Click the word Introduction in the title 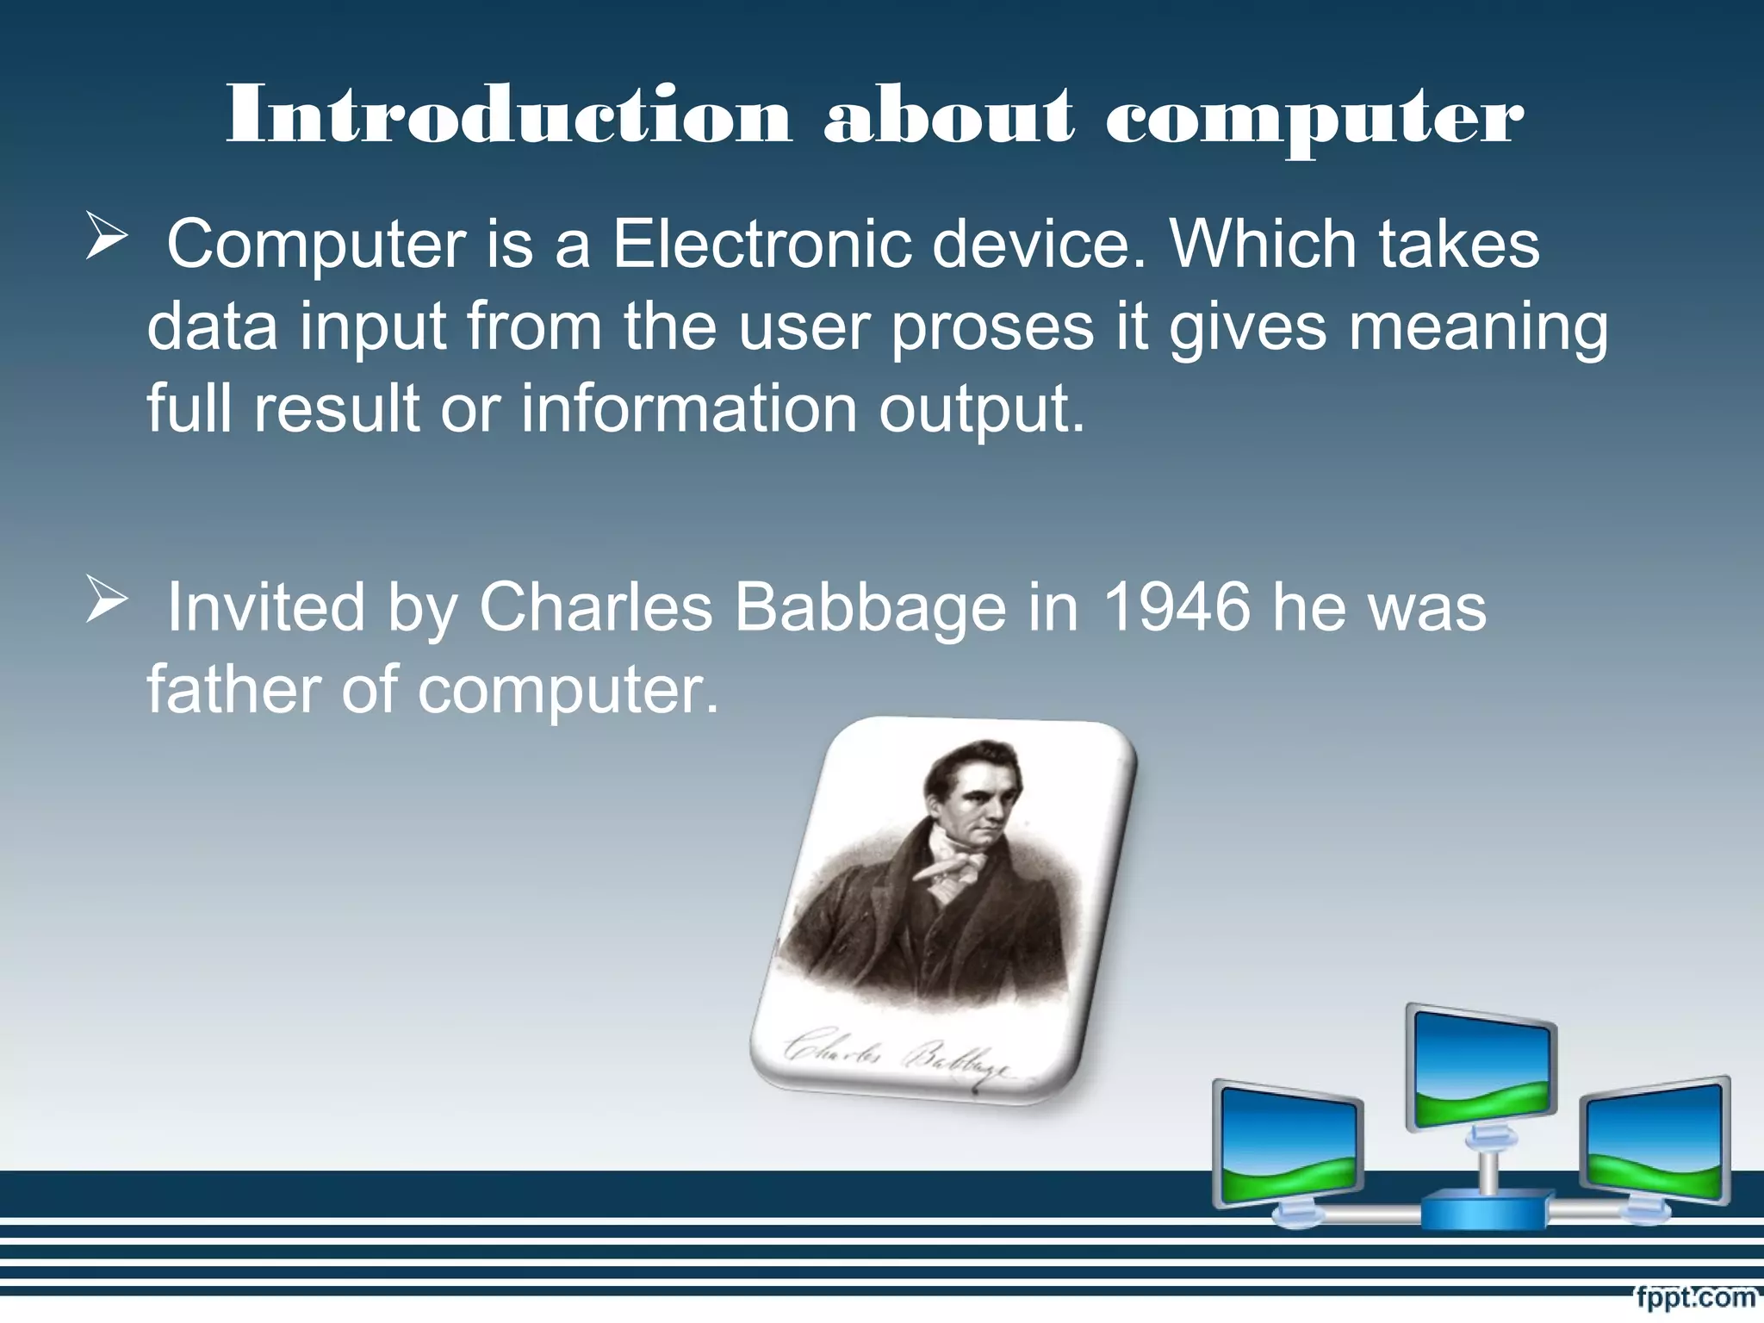508,116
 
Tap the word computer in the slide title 1314,121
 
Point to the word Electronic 761,245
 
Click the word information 689,408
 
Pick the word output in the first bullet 981,410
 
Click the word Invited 265,608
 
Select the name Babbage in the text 870,608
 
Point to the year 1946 1177,608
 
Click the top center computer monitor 1481,1068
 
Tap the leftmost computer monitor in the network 1289,1146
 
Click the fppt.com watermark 1695,1297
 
